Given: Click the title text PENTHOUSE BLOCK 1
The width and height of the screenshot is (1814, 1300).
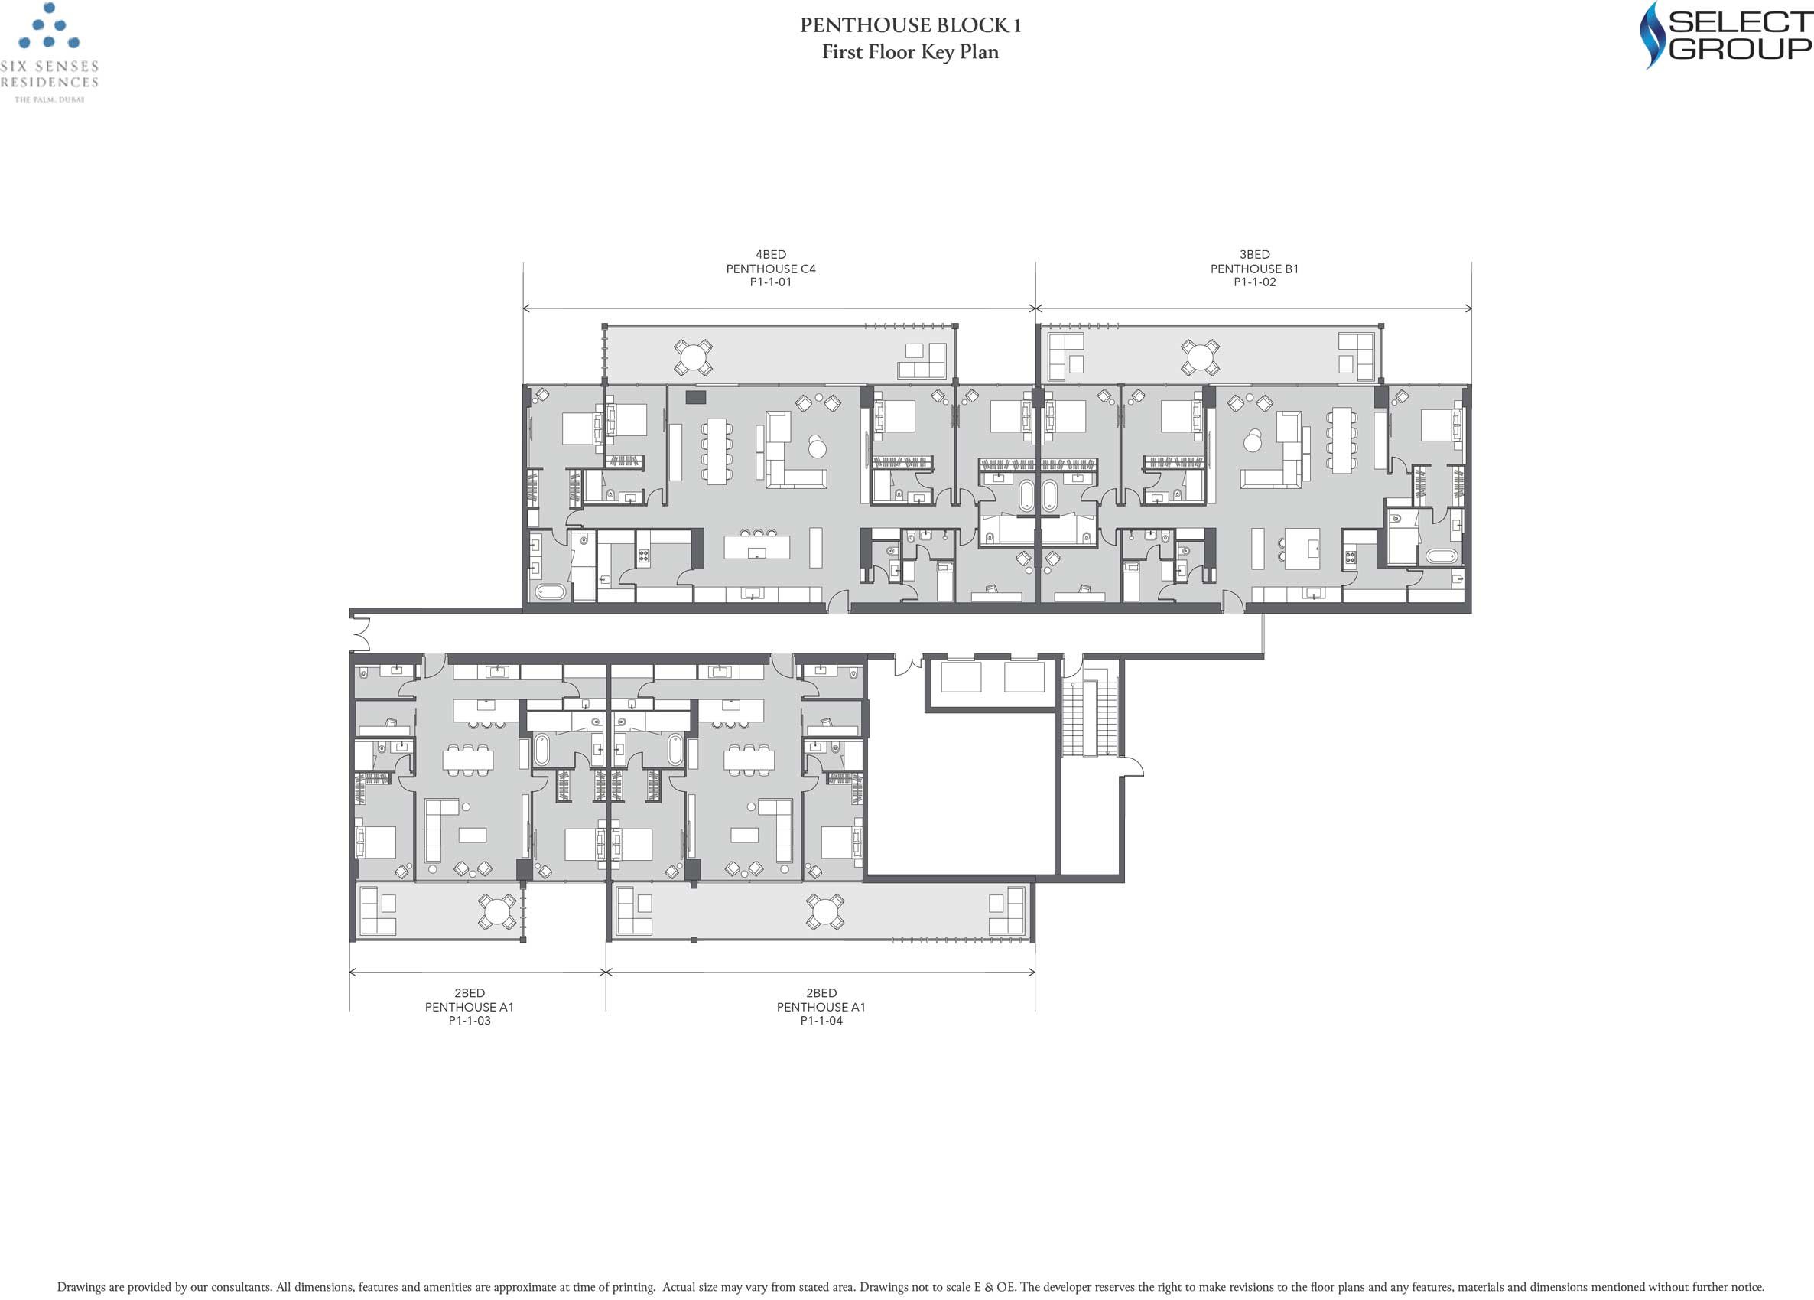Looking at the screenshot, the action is (910, 25).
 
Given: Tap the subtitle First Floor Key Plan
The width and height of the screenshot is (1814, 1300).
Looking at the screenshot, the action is (910, 52).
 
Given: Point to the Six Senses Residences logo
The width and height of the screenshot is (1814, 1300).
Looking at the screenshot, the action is (50, 53).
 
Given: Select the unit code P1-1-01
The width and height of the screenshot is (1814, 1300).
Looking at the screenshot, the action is (770, 282).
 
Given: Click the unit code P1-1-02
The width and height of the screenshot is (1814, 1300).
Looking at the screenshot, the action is (1254, 282).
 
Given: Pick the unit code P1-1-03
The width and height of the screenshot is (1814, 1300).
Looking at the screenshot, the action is (469, 1021).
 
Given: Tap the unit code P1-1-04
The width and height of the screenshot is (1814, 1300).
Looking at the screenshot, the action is (821, 1021).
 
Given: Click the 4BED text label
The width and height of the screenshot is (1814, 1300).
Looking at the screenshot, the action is (770, 254).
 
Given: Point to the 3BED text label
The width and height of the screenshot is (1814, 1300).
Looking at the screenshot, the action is (1254, 254).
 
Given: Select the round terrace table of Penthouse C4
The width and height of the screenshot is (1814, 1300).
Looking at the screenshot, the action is (693, 357).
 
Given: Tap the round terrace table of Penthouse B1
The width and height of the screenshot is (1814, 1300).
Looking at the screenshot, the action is (1200, 357).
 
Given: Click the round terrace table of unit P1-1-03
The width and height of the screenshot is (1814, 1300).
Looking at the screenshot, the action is (498, 911).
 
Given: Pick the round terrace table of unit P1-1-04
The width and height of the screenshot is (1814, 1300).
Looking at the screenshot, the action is (824, 911).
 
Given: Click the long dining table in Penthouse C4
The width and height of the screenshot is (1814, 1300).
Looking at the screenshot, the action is (716, 450).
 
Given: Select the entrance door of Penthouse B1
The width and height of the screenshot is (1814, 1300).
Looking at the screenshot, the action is (1234, 602).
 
